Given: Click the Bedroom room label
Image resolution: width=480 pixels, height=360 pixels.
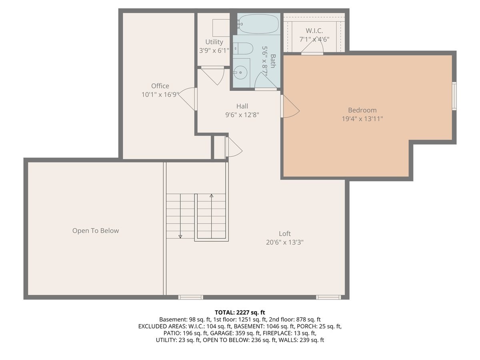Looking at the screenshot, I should [362, 110].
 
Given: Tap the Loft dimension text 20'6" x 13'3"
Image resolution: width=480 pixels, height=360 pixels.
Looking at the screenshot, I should [285, 242].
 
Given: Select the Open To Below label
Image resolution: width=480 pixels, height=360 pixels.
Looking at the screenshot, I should [96, 230].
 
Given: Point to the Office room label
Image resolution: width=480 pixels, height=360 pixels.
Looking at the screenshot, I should [160, 86].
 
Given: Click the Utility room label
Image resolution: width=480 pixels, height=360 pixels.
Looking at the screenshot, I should [214, 42].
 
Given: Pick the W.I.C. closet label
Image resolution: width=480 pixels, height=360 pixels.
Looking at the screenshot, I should [314, 31].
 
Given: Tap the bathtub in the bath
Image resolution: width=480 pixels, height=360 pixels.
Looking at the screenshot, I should [258, 24].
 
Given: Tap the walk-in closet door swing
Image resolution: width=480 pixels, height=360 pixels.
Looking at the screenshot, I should [312, 48].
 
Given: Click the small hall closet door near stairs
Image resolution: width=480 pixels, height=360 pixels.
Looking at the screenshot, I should [234, 147].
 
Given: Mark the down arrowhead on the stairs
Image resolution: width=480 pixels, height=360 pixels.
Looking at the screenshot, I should [180, 236].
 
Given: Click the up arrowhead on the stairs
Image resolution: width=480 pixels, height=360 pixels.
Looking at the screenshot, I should [212, 196].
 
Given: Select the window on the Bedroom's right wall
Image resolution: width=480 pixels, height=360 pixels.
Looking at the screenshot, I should [454, 96].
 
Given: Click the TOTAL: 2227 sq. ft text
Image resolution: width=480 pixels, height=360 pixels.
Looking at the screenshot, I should [240, 312].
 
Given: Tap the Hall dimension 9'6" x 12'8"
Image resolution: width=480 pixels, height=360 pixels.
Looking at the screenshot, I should [242, 114].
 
